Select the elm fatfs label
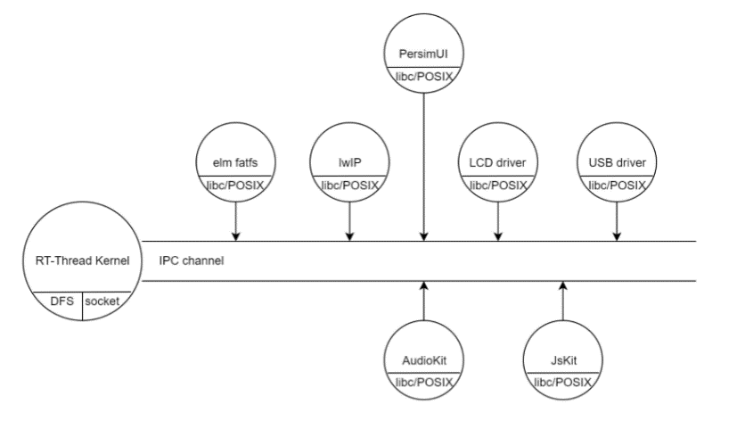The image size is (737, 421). (x=236, y=162)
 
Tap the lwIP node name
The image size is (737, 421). (x=349, y=162)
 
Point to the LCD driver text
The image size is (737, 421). (x=497, y=162)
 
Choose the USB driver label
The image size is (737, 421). (x=617, y=162)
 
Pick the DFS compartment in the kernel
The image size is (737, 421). (x=61, y=302)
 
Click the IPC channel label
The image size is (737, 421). (x=192, y=261)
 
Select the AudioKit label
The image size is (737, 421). (x=423, y=361)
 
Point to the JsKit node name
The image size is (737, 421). (x=563, y=361)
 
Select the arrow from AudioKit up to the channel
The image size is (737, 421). (x=423, y=304)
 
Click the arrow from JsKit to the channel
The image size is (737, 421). (x=563, y=304)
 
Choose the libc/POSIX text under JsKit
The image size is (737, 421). (x=563, y=383)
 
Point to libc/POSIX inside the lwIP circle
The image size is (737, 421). (x=349, y=185)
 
